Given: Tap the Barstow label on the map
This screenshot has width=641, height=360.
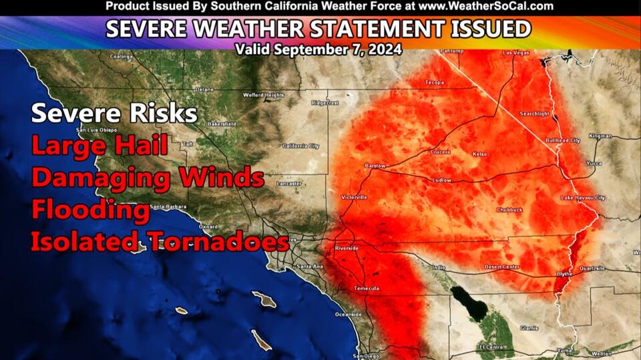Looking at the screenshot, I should (x=375, y=164).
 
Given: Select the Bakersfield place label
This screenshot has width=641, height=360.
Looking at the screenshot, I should (x=222, y=124).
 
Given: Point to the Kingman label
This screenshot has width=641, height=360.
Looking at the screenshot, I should (x=600, y=136).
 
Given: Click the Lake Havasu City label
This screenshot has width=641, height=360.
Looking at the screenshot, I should (x=583, y=198).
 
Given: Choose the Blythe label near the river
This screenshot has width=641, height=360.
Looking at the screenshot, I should (x=564, y=274).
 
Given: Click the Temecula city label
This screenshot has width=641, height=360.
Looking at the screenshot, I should (x=367, y=288).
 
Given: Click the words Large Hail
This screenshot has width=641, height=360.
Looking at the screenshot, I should (x=99, y=146).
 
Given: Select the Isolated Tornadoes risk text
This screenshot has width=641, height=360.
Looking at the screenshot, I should (x=160, y=241).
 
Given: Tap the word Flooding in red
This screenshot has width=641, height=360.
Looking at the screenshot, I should (x=91, y=210).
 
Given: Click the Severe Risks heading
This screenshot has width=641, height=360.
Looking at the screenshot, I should (x=114, y=113).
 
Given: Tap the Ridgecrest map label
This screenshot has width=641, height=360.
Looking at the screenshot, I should (x=325, y=103).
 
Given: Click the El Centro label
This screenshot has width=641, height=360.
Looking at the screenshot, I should (x=491, y=347).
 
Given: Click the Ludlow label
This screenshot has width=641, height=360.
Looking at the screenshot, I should (x=441, y=180).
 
